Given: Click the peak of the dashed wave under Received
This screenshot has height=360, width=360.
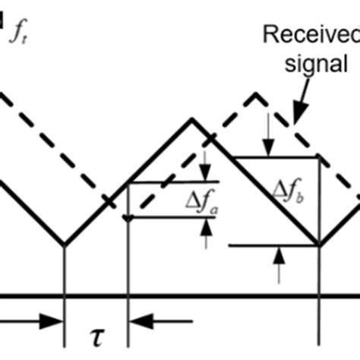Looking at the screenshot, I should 256,93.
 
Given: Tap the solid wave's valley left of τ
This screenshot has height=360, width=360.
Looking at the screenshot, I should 64,245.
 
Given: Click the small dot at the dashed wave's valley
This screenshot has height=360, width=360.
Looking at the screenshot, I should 128,219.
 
